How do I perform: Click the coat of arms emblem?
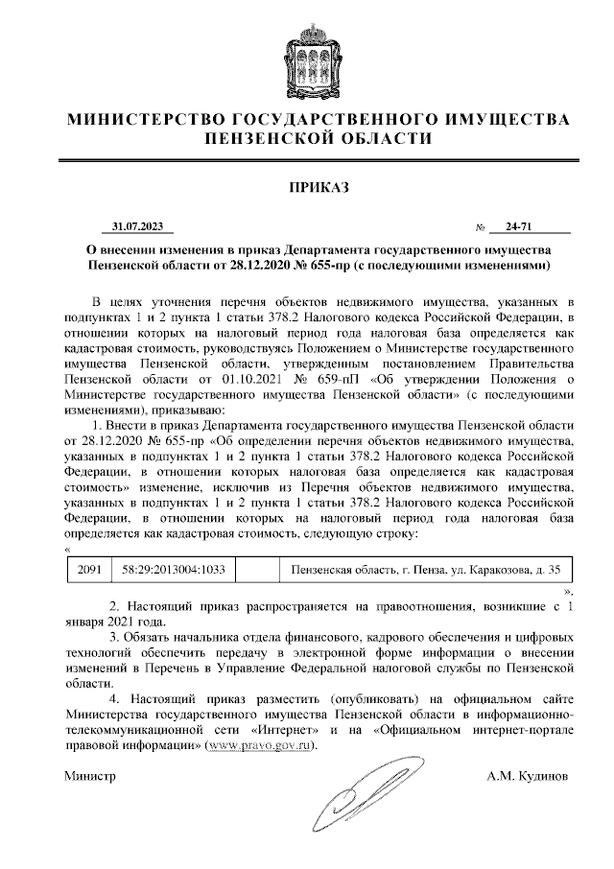tap(306, 59)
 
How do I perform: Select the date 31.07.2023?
tap(138, 226)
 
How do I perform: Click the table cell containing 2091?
tap(89, 569)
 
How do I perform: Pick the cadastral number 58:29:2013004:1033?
tap(173, 569)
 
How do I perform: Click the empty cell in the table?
tap(256, 569)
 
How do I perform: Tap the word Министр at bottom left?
tap(89, 773)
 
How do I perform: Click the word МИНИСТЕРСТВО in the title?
tap(145, 120)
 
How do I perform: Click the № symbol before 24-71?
tap(480, 227)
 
